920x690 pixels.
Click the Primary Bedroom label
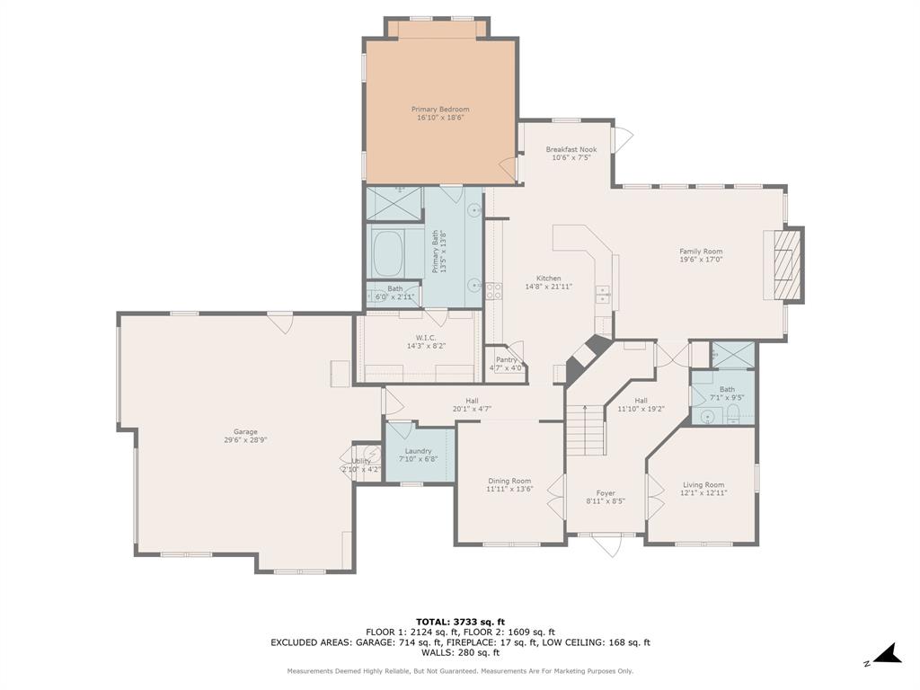click(440, 110)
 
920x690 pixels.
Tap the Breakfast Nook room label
click(571, 150)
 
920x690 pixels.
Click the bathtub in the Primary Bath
click(388, 254)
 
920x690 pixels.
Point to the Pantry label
click(506, 359)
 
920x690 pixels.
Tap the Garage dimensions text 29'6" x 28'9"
click(245, 440)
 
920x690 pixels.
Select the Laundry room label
click(418, 451)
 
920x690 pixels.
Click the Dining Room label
click(509, 481)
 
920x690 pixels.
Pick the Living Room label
click(703, 484)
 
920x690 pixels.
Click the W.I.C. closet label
click(426, 338)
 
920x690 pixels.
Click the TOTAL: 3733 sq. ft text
click(460, 622)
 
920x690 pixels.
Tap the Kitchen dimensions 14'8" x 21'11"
click(548, 287)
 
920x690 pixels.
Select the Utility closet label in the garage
click(361, 461)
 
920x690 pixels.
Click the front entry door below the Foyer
click(607, 542)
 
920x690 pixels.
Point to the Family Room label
click(701, 252)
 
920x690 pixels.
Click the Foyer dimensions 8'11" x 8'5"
click(606, 501)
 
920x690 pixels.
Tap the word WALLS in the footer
click(435, 653)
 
